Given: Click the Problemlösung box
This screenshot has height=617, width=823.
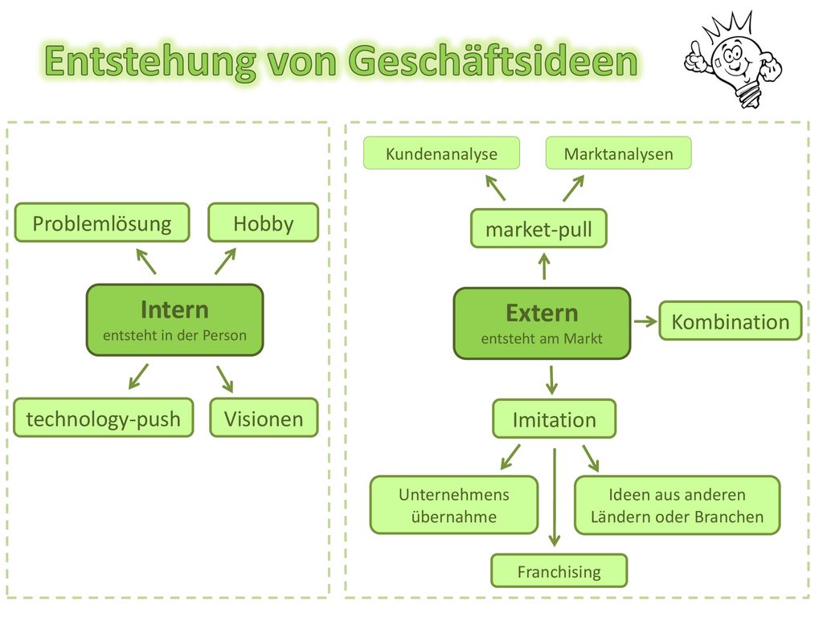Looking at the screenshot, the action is [102, 223].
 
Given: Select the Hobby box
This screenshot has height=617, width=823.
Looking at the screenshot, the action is [264, 223].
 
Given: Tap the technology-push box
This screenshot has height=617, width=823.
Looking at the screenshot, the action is [104, 418].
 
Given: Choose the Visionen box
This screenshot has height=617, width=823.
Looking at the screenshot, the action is [264, 418].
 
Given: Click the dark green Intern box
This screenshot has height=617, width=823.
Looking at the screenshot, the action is [174, 320].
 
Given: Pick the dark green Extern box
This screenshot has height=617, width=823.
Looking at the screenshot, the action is [543, 323].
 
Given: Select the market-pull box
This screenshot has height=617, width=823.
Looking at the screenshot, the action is [539, 228].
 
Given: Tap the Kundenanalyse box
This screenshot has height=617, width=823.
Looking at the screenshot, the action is [441, 153].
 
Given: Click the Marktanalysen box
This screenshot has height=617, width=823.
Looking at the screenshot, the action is [619, 153].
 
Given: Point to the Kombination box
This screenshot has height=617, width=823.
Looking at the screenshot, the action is [731, 321].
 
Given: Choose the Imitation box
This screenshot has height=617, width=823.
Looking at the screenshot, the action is [555, 419].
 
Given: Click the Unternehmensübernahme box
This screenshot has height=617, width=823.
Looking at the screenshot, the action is [454, 505].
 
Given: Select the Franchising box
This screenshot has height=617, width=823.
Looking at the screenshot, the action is [559, 570].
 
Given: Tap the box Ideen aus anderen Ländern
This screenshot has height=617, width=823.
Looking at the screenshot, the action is [678, 505].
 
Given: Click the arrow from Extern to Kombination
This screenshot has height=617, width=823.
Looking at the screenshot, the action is [645, 321].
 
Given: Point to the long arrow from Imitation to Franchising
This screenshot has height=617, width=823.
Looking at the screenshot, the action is [555, 497].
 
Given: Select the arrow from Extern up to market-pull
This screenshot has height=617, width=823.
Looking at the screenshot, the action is [544, 266].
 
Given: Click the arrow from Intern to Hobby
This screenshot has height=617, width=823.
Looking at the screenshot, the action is [226, 261].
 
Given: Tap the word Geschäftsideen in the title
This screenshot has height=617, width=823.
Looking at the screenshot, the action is [493, 61].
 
